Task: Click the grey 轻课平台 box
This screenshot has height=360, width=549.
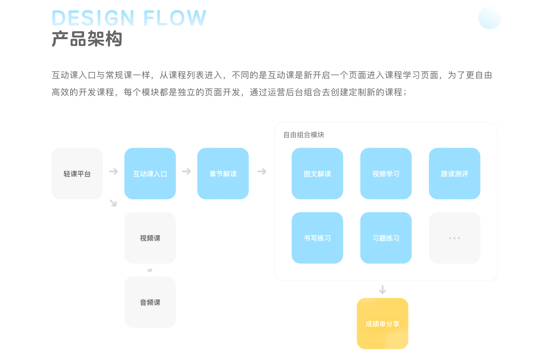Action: pyautogui.click(x=77, y=173)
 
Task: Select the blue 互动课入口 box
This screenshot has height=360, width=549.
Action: pyautogui.click(x=150, y=173)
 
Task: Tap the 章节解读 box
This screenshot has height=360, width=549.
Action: pyautogui.click(x=223, y=173)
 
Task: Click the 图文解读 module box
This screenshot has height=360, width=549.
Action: pyautogui.click(x=317, y=173)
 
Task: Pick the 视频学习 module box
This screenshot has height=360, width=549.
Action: pyautogui.click(x=386, y=173)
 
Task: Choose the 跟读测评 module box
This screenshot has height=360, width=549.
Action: pyautogui.click(x=454, y=173)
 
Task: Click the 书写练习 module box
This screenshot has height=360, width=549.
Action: pyautogui.click(x=317, y=238)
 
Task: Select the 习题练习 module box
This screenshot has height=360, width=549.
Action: pyautogui.click(x=386, y=238)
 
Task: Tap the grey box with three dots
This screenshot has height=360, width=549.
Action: pyautogui.click(x=454, y=238)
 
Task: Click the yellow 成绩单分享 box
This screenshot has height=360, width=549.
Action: pyautogui.click(x=382, y=323)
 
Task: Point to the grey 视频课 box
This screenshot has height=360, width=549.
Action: pyautogui.click(x=150, y=238)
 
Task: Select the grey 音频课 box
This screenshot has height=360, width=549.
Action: pyautogui.click(x=150, y=302)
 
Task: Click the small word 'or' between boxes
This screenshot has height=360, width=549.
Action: pyautogui.click(x=150, y=270)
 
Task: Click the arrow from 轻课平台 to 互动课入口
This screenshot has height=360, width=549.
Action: pyautogui.click(x=114, y=171)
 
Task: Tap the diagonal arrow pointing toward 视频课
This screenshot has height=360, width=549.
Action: pyautogui.click(x=113, y=203)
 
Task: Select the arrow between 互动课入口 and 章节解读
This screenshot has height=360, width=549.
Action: pyautogui.click(x=186, y=171)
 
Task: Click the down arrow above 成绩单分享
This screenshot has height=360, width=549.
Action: pyautogui.click(x=382, y=289)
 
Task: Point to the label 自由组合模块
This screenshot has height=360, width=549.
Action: pyautogui.click(x=304, y=135)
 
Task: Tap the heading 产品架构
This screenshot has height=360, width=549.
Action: pyautogui.click(x=87, y=39)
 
